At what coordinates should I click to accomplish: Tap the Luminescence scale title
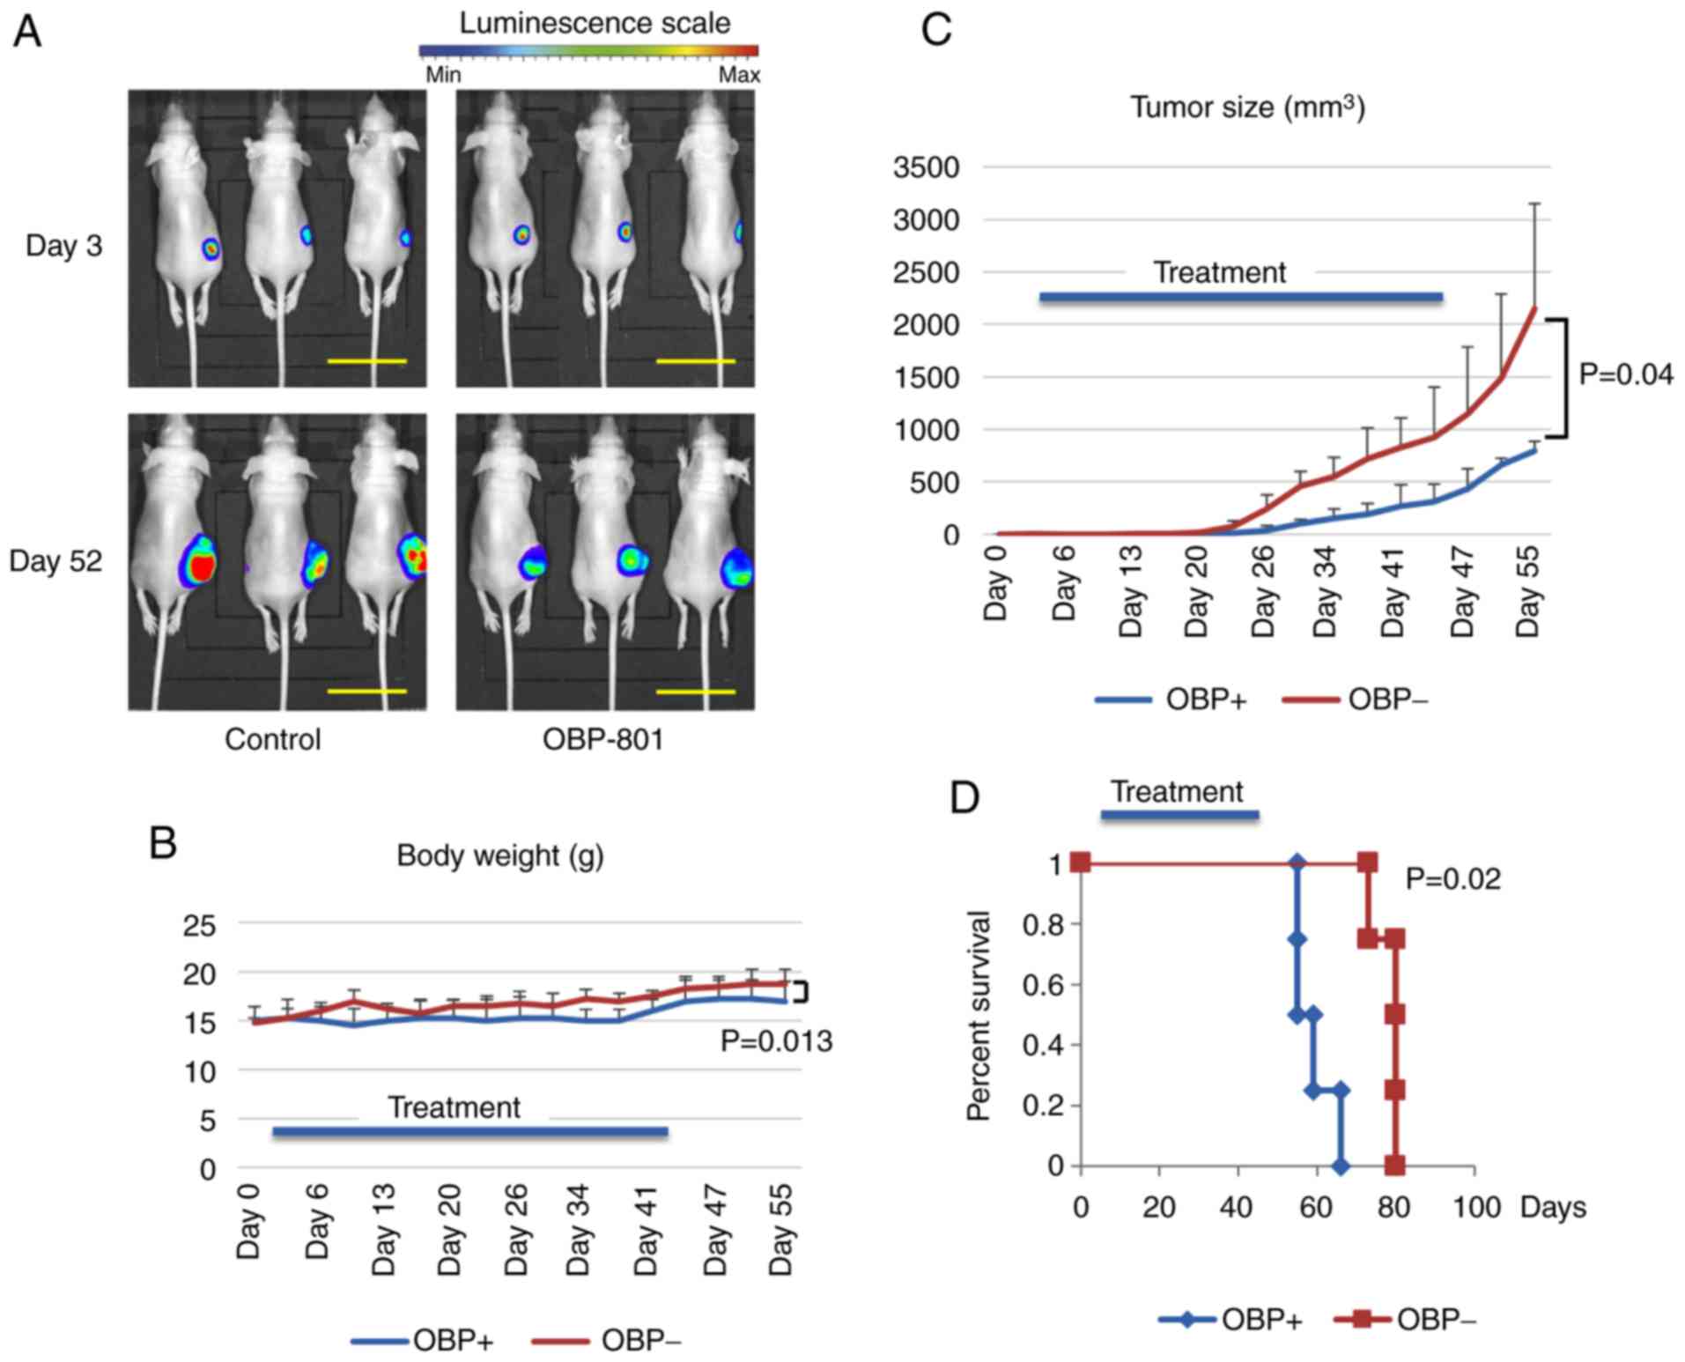(595, 23)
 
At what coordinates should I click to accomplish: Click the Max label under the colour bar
(738, 76)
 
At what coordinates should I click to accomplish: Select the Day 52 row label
(55, 561)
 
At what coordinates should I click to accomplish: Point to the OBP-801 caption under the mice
(602, 739)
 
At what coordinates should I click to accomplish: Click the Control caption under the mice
(272, 739)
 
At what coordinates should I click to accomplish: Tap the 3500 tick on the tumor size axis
(926, 167)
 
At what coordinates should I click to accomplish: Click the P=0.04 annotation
(1625, 375)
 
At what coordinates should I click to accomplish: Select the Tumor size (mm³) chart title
(1247, 107)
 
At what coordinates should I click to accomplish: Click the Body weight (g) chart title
(500, 855)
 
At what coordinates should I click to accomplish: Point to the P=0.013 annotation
(776, 1041)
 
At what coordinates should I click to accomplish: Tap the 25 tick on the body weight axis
(198, 925)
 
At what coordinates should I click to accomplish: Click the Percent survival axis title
(979, 1016)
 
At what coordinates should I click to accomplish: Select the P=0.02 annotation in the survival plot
(1452, 878)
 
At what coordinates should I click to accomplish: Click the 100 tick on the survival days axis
(1476, 1207)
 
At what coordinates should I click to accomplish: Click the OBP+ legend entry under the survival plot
(1230, 1320)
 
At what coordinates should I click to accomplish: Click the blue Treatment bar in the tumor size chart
(1240, 297)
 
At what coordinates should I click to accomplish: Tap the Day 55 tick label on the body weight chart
(781, 1228)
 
